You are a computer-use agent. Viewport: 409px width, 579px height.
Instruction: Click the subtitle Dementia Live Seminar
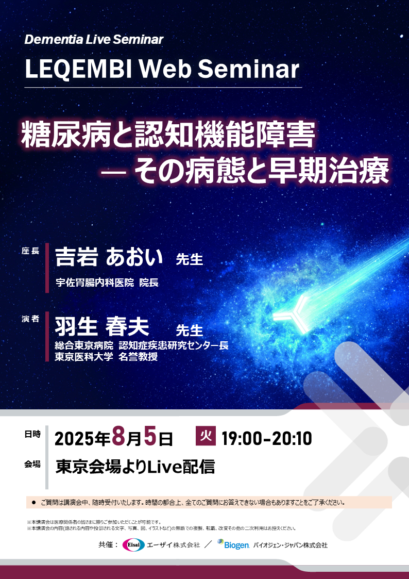[x=94, y=39]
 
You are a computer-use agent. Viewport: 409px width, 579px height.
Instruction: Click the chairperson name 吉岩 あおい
[x=109, y=256]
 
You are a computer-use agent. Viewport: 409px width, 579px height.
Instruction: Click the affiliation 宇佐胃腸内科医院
[x=95, y=282]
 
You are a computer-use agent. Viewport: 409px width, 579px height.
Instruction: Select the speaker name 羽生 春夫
[x=102, y=326]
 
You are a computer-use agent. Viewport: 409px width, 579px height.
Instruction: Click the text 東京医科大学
[x=84, y=356]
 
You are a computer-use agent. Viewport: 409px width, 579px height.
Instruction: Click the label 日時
[x=32, y=435]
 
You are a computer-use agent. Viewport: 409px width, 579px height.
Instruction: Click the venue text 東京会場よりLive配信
[x=135, y=467]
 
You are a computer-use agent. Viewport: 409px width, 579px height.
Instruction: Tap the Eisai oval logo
[x=133, y=545]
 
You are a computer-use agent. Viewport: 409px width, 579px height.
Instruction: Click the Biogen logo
[x=233, y=544]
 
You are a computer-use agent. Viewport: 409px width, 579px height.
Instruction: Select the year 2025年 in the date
[x=82, y=439]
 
